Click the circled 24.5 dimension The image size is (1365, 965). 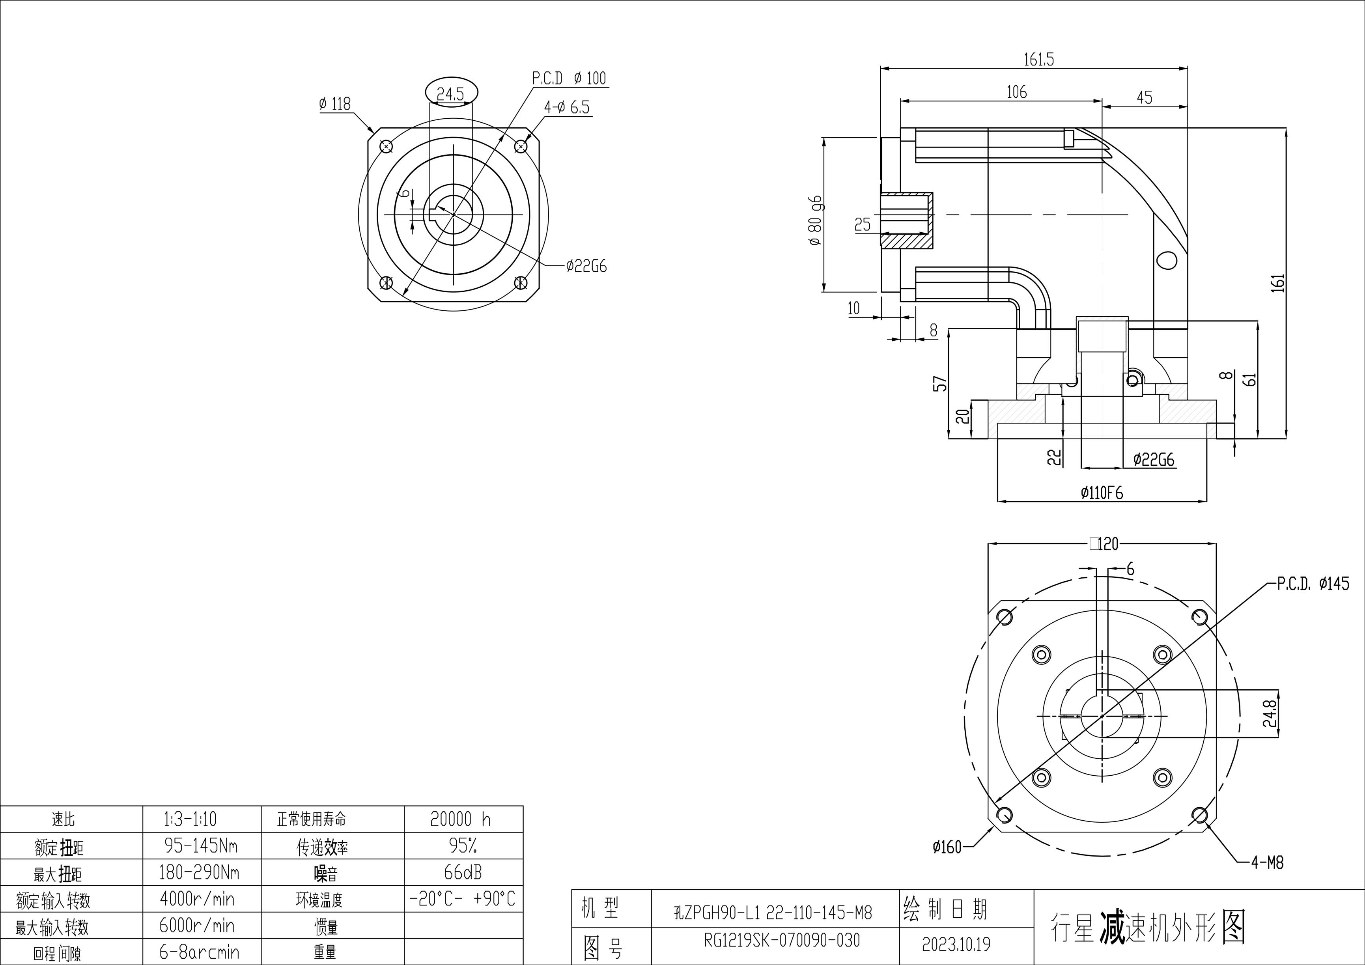click(451, 93)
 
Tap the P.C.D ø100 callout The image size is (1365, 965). click(569, 78)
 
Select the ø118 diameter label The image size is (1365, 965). click(335, 104)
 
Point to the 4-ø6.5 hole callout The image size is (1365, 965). click(567, 108)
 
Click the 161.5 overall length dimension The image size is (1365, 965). click(1038, 60)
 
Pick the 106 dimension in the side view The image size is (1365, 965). click(1017, 92)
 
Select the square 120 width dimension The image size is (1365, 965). click(1104, 543)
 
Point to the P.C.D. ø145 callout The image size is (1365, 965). click(1313, 584)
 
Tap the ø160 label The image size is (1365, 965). click(947, 847)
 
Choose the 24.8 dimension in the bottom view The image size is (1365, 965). click(1269, 713)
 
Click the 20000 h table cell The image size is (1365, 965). click(461, 819)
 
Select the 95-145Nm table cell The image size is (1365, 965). click(201, 845)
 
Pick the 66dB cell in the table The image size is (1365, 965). click(463, 872)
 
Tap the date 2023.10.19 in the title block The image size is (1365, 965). click(956, 944)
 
